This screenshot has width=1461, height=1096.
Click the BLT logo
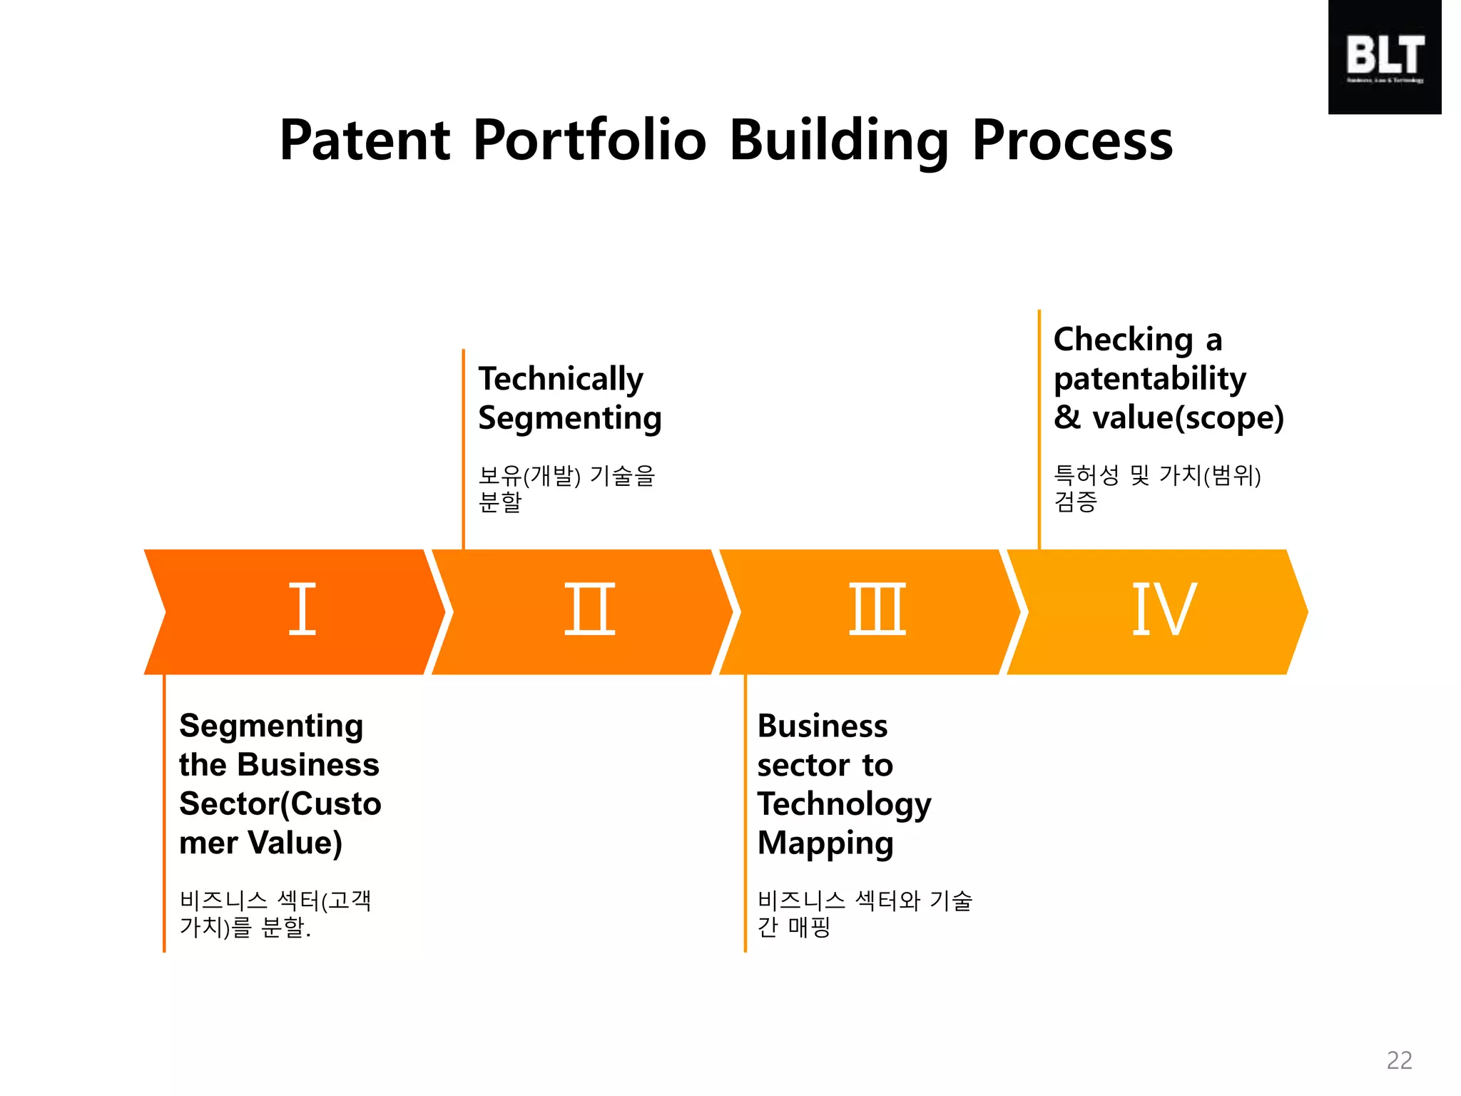(x=1384, y=57)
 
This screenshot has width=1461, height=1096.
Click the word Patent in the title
(x=365, y=140)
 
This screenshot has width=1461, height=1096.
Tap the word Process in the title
(x=1072, y=140)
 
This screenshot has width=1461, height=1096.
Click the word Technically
(x=561, y=380)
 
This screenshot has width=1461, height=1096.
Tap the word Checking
(x=1123, y=340)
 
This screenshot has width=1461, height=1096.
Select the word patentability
(x=1149, y=379)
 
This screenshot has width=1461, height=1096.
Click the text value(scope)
(x=1188, y=418)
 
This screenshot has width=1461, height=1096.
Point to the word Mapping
(x=825, y=843)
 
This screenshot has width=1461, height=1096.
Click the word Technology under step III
(x=844, y=804)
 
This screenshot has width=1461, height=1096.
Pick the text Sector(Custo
(x=280, y=804)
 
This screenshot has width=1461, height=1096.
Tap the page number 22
(x=1399, y=1060)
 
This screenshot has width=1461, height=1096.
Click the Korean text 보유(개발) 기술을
(x=566, y=475)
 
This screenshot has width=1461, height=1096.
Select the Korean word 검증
(x=1075, y=502)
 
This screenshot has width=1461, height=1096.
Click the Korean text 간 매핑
(x=793, y=927)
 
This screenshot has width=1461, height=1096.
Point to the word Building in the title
(x=838, y=140)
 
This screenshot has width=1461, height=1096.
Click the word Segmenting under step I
(x=271, y=726)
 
